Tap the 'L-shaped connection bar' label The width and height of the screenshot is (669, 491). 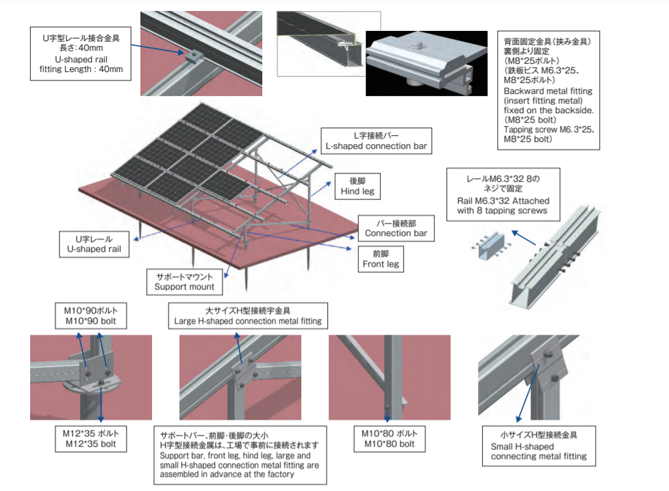377,141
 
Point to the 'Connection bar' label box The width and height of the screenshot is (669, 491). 396,228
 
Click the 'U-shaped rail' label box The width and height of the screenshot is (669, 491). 93,244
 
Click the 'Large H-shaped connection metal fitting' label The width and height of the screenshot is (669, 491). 247,315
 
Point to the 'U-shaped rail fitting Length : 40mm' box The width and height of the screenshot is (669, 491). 81,53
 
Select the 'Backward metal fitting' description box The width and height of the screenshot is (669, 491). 548,91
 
